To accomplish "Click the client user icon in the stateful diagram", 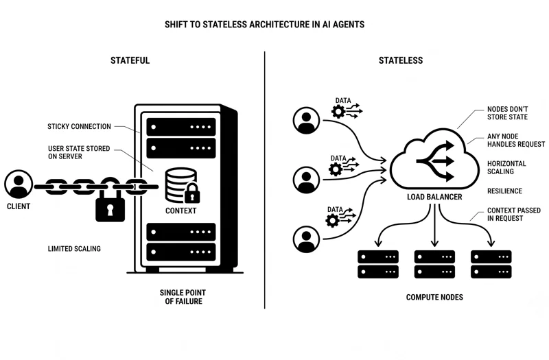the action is coord(19,184).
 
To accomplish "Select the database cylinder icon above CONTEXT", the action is coord(180,185).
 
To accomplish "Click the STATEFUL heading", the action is coord(130,60).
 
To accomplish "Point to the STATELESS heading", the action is coord(401,60).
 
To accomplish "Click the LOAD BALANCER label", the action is coord(434,197).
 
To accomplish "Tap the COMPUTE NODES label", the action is coord(434,297).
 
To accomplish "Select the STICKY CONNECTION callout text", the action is coord(79,126).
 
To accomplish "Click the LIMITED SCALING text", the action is coord(74,249).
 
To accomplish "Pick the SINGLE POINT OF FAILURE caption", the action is coord(183,297).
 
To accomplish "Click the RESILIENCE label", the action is coord(504,191).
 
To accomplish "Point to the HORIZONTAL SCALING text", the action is coord(506,167).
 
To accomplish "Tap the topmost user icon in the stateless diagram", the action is coord(306,121).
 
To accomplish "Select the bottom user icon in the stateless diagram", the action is coord(306,239).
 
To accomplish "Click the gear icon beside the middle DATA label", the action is coord(336,169).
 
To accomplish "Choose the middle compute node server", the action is coord(434,264).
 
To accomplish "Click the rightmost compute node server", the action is coord(491,264).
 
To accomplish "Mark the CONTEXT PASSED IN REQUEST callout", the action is coord(514,214).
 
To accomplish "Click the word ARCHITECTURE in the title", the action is coord(279,25).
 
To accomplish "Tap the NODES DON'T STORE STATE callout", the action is coord(507,113).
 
